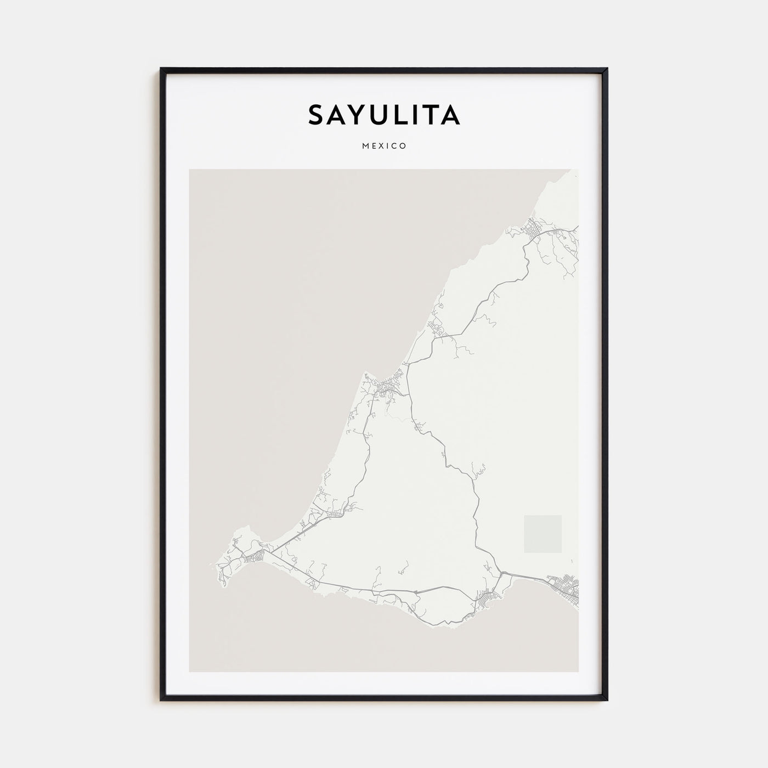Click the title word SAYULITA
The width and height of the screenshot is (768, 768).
click(x=383, y=115)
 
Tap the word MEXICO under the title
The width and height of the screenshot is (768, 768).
click(x=384, y=146)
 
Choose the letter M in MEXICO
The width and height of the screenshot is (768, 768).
click(x=365, y=146)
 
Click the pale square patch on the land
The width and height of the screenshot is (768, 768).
click(x=543, y=534)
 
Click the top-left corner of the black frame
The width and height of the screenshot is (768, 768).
click(x=161, y=69)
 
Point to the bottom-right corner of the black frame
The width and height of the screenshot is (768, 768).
click(x=607, y=700)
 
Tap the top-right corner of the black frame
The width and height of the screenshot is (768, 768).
click(x=607, y=69)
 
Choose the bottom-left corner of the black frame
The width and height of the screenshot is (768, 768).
click(x=161, y=700)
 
